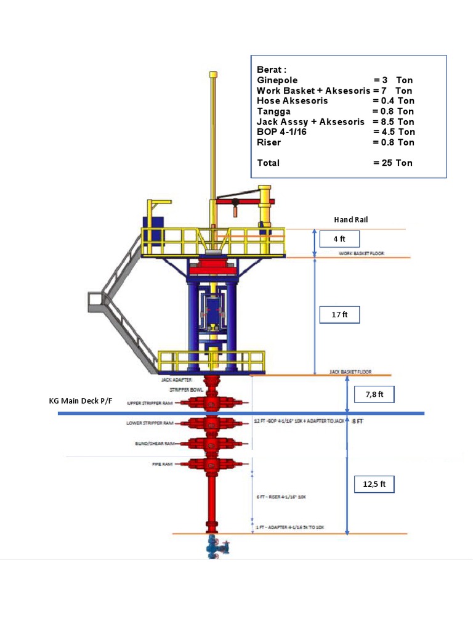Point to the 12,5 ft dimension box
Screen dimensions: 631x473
coord(374,484)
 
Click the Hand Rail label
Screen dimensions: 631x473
coord(351,219)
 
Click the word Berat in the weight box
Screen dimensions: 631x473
coord(272,70)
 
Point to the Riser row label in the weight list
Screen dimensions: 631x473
coord(269,142)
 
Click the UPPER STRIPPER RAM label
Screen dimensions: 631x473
coord(150,403)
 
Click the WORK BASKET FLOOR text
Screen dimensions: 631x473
coord(360,253)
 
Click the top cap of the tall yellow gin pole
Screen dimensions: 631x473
coord(213,75)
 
